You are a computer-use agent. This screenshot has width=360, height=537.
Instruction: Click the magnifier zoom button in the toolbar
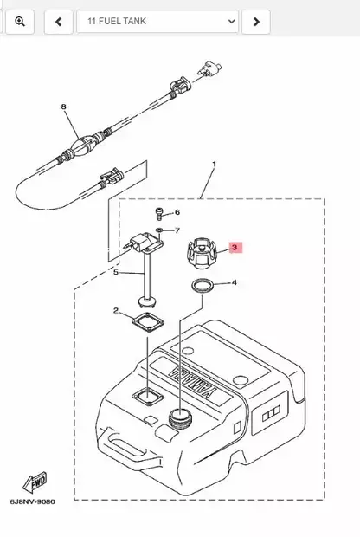click(x=20, y=22)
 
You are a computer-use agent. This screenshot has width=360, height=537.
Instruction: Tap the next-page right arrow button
click(x=256, y=22)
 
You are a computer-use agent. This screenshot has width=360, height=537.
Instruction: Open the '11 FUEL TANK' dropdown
click(x=157, y=22)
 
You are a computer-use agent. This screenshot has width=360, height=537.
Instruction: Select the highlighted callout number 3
click(x=235, y=247)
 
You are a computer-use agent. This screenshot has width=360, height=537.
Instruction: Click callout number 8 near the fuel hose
click(x=63, y=107)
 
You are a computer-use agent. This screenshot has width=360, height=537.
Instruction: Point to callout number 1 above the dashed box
click(x=215, y=164)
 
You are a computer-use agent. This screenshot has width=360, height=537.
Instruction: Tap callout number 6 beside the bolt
click(x=177, y=212)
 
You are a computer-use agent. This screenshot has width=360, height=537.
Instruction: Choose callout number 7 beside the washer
click(x=177, y=230)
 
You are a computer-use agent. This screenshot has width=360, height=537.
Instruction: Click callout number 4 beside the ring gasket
click(x=234, y=282)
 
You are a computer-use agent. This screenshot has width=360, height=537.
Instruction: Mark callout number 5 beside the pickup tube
click(x=116, y=272)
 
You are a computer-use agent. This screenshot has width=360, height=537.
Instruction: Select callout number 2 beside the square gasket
click(x=116, y=311)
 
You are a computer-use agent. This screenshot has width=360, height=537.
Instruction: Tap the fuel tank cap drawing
click(x=202, y=254)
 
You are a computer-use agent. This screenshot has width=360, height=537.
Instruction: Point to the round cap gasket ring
click(x=202, y=286)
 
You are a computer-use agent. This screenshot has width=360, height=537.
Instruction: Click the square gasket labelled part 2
click(x=148, y=322)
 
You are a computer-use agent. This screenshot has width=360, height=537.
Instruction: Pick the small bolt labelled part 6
click(x=158, y=214)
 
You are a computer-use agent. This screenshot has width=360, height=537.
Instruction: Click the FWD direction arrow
click(x=35, y=482)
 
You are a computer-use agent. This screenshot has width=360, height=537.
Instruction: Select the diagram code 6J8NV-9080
click(x=33, y=501)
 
